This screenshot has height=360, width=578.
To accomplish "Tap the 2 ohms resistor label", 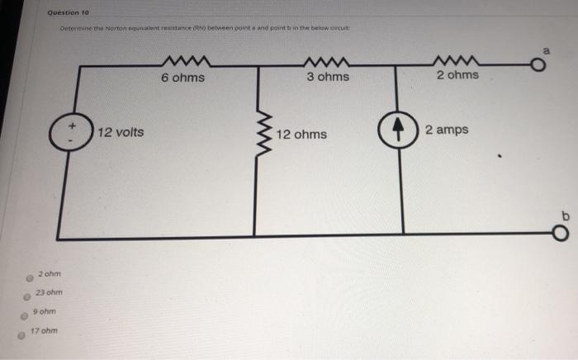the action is pos(457,75).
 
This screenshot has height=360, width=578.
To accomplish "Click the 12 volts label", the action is pos(121,132).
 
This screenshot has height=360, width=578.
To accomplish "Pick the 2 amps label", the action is pos(447,130).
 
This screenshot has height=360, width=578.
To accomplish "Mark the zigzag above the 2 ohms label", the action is pos(457,59).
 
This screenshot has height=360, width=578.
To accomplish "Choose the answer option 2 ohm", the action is pos(50,273).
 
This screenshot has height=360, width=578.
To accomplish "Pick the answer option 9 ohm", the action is pos(44,311).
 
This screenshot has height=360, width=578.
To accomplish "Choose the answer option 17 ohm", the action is pos(41,332).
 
